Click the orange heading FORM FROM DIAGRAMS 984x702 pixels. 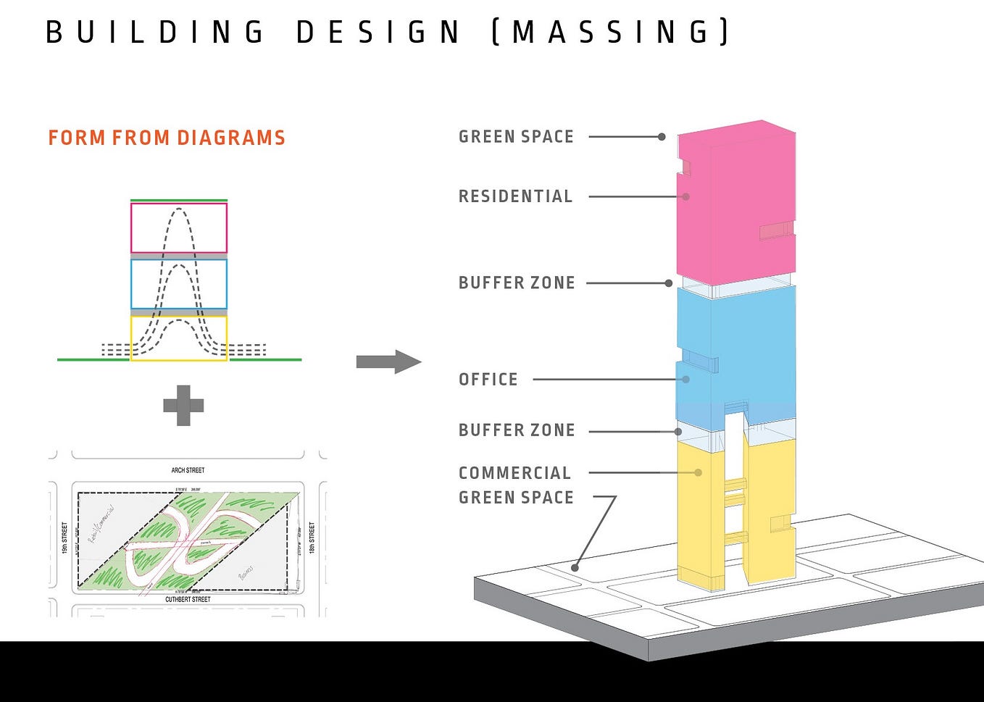pos(167,138)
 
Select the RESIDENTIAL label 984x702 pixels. pos(515,196)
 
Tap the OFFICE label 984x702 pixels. pos(488,380)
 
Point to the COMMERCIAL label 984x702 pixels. pos(514,473)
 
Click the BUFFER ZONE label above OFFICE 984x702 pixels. pos(517,283)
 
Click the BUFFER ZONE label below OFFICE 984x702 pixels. pos(517,430)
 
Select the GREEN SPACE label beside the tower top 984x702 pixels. pos(516,137)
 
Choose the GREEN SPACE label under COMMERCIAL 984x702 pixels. pos(516,498)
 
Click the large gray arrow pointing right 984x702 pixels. pos(388,362)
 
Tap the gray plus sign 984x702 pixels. pos(183,405)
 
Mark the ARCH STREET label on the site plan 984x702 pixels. pos(188,470)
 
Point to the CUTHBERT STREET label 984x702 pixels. pos(188,600)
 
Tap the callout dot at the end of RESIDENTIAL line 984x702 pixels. pos(685,196)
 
